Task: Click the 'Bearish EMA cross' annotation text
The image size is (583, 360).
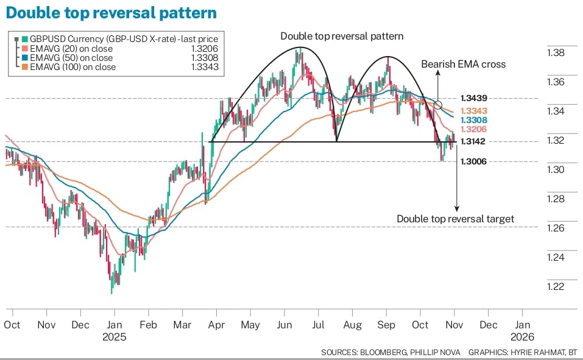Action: pos(463,64)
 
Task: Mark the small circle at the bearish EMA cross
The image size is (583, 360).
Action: pos(437,105)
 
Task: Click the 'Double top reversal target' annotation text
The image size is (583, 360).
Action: pos(456,219)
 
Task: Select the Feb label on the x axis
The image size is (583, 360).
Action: pos(148,325)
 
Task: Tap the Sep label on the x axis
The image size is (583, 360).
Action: pos(387,325)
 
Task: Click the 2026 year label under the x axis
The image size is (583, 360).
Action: pos(522,337)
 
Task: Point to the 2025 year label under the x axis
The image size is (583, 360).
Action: pos(115,337)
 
